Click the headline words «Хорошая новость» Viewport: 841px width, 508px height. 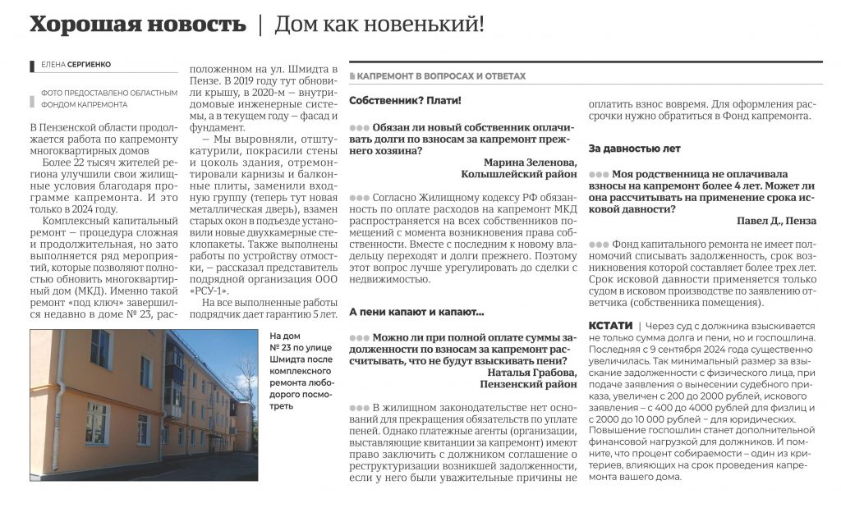click(x=137, y=25)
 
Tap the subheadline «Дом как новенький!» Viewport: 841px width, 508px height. click(x=379, y=25)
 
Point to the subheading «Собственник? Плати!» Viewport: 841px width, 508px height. click(x=405, y=100)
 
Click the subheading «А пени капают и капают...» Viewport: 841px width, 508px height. click(x=416, y=313)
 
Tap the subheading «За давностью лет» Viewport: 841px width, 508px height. click(x=635, y=149)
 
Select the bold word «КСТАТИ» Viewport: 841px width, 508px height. click(x=611, y=326)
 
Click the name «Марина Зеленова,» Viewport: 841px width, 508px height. click(x=530, y=162)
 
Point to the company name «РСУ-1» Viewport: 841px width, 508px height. click(x=209, y=291)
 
